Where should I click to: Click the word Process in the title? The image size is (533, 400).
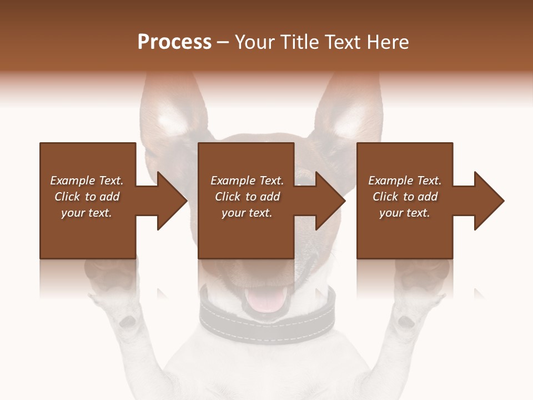[x=174, y=42]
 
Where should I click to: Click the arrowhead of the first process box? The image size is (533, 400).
[x=172, y=201]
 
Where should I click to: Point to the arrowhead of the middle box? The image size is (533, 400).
[x=331, y=201]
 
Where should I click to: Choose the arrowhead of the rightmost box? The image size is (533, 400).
[x=489, y=201]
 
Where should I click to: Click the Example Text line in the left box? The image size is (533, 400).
[x=87, y=181]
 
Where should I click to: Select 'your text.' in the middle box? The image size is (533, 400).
[x=247, y=213]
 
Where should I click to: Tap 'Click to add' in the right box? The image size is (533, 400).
[x=405, y=197]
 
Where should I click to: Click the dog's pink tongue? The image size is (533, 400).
[x=265, y=301]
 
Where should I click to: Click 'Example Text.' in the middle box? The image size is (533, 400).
[x=247, y=181]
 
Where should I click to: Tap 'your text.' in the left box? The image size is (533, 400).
[x=87, y=213]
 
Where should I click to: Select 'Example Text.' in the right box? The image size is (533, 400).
[x=405, y=181]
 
